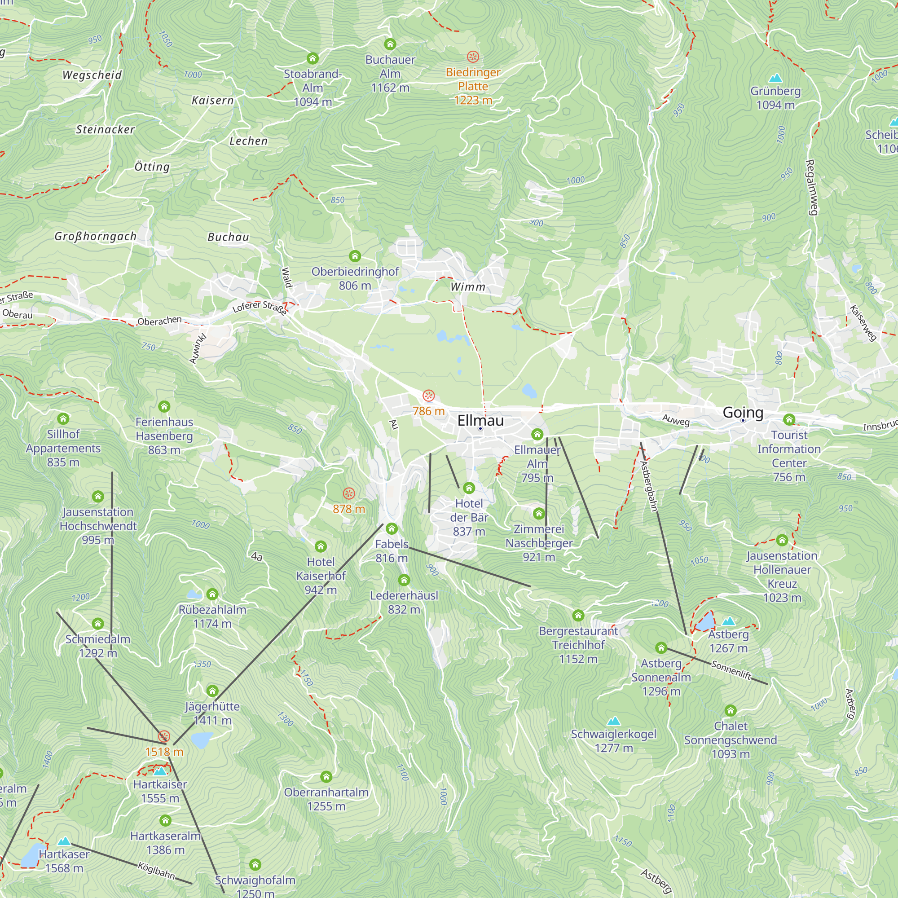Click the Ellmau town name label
480,420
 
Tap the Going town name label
743,412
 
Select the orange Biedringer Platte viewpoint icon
473,57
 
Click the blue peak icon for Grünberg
775,78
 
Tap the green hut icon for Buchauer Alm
390,44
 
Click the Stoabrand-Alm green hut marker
313,58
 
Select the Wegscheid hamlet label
92,75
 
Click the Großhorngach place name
96,236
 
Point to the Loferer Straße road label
260,307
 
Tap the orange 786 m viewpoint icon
428,396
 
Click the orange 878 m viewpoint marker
348,493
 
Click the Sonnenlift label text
731,670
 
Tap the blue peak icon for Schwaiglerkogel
613,721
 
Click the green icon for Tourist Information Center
789,420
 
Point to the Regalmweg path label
810,187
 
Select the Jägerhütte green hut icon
212,691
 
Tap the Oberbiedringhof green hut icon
355,256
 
